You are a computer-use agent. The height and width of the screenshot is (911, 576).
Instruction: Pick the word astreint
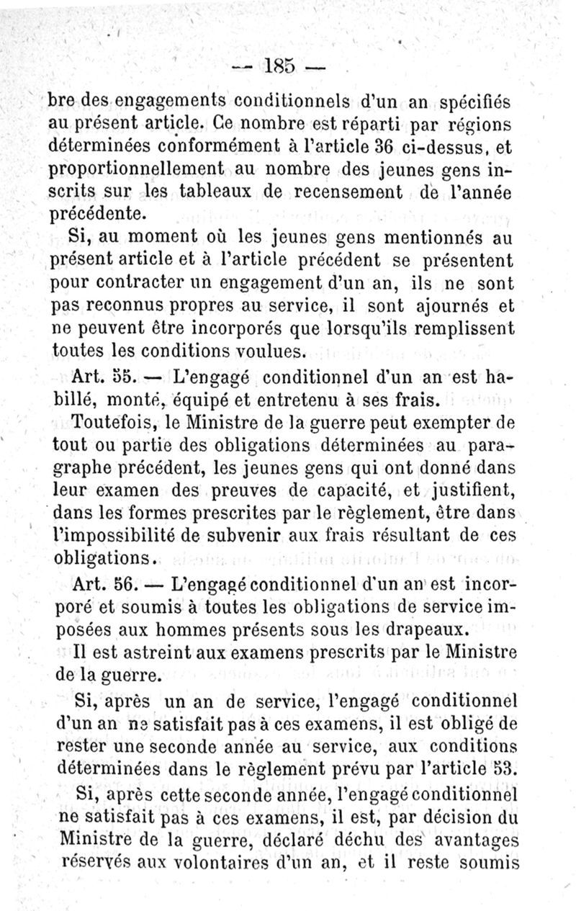[x=158, y=652]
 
